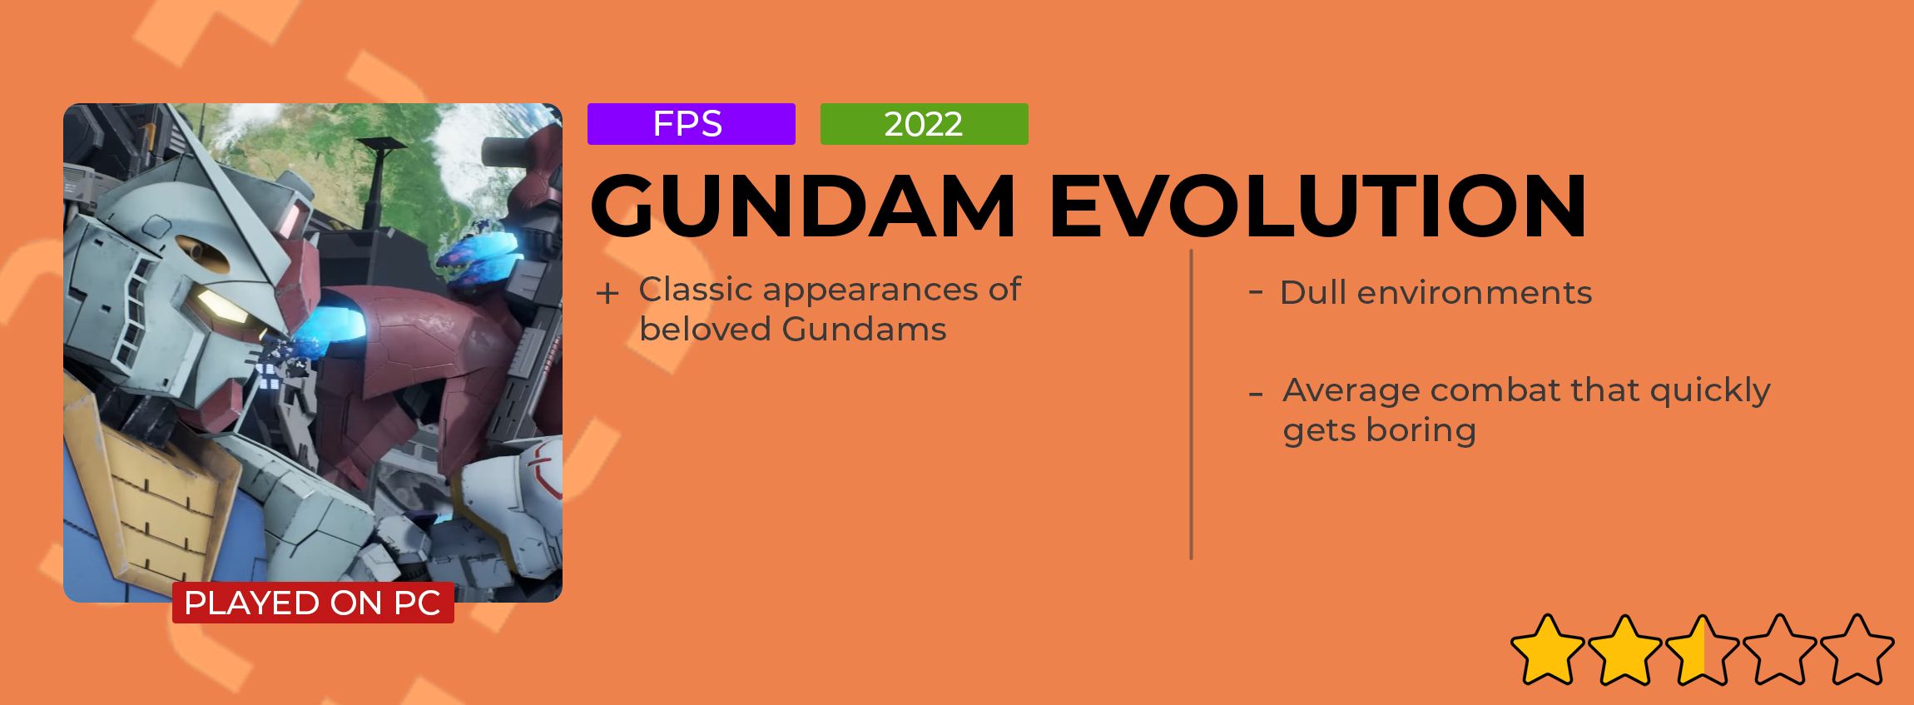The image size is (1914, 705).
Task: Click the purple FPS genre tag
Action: tap(691, 124)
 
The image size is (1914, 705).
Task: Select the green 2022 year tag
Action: tap(924, 124)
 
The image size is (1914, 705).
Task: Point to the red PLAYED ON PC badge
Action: tap(313, 603)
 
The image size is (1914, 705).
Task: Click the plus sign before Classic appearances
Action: tap(607, 294)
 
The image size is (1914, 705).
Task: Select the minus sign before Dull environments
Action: tap(1256, 291)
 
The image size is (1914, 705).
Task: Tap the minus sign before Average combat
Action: tap(1256, 394)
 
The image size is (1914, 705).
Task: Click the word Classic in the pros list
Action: tap(696, 289)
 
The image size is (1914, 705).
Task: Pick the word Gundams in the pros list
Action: tap(864, 330)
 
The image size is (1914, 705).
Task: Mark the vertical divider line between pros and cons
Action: tap(1192, 405)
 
